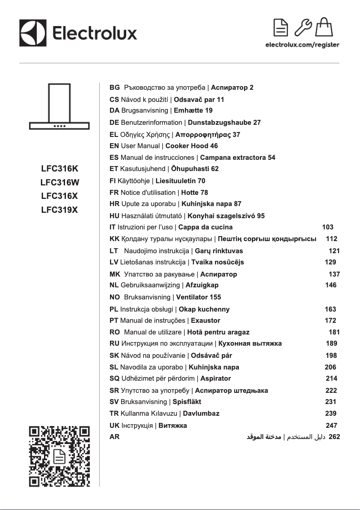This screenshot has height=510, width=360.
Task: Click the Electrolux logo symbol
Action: [x=33, y=33]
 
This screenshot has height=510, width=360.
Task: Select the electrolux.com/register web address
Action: [x=302, y=45]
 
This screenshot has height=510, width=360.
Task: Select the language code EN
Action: [x=114, y=146]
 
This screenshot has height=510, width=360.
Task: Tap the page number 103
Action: [x=328, y=227]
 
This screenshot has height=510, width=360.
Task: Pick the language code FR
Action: [x=114, y=193]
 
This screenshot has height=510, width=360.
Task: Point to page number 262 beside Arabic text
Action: [x=334, y=436]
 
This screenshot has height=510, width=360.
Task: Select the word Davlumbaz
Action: [x=201, y=413]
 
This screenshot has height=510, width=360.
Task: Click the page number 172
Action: [x=330, y=321]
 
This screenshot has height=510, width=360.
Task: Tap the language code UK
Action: [x=114, y=425]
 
